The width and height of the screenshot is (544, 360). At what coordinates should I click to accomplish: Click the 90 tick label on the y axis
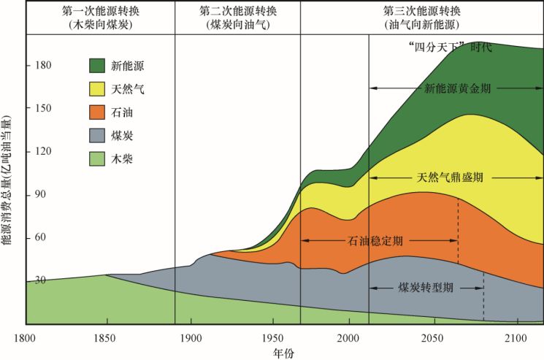point(16,194)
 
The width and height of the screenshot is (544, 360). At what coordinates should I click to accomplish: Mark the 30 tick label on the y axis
point(16,280)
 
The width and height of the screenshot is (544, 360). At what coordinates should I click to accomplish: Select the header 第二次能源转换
point(238,12)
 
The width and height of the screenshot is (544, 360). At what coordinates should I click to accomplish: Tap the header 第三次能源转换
point(421,12)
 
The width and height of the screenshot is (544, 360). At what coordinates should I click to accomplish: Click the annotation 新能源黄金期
point(458,88)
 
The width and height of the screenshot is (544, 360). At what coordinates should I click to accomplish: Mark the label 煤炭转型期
point(426,287)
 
